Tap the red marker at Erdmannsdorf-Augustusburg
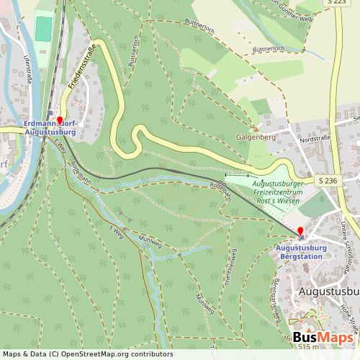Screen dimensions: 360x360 (60, 121)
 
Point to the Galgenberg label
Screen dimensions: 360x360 (253, 135)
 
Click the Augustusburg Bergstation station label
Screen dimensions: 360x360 (302, 252)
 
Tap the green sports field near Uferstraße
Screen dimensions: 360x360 (42, 29)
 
